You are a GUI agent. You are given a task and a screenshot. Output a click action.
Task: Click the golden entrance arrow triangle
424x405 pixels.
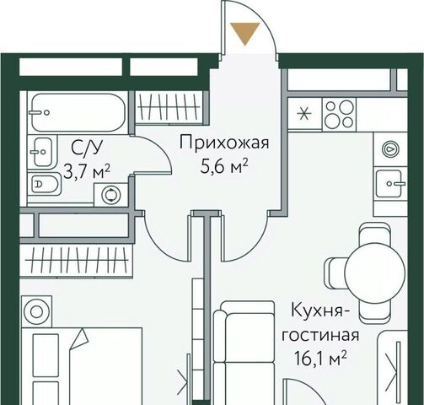point(245,33)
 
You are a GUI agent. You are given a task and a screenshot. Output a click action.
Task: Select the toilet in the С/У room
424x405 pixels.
point(45,184)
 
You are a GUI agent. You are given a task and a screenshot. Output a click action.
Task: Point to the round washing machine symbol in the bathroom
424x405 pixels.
point(111,195)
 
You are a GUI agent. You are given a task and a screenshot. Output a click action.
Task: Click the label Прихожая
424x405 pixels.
point(224,143)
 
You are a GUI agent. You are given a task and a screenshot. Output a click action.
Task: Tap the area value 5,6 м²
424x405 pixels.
point(224,167)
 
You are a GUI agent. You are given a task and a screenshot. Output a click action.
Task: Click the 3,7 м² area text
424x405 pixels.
point(86,171)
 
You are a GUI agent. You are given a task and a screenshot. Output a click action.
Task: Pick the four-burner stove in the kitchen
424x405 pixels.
point(339,115)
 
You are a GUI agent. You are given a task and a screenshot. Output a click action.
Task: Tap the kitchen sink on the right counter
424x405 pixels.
point(390,183)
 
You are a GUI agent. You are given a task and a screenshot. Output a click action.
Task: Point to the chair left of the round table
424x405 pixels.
point(335,273)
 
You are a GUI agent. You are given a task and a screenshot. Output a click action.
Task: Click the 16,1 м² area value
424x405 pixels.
point(320,359)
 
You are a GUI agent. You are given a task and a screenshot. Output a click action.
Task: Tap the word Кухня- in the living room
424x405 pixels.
point(318,310)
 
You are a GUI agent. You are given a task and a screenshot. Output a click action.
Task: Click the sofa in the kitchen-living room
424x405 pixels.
point(244,353)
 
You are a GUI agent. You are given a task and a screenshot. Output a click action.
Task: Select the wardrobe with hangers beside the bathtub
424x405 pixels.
point(170,107)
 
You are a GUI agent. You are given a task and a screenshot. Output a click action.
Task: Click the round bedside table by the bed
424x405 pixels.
point(36,311)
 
